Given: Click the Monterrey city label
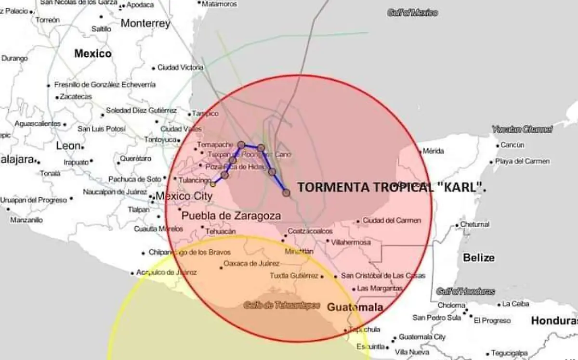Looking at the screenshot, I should coord(145,23).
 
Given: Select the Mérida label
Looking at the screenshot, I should coord(433,151).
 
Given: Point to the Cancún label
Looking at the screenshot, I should coord(512,145).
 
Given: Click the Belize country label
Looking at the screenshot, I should coord(478,257).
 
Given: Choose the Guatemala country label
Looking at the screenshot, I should coord(355,307).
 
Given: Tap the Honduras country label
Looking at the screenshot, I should coord(554,321).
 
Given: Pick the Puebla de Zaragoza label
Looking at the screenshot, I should coord(231,216).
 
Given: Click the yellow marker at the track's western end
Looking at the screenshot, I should coord(213,183).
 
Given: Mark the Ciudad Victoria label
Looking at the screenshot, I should coord(180,68).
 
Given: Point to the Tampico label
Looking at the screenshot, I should coord(205,114).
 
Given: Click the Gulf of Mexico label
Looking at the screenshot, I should coord(413,13).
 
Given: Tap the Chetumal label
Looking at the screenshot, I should coord(474,224).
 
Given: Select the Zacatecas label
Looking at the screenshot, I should coord(76,97).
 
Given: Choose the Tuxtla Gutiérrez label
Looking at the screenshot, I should coord(294,276).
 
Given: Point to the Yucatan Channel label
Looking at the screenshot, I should coord(522,129).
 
